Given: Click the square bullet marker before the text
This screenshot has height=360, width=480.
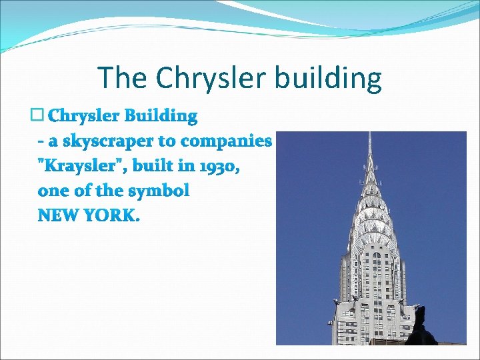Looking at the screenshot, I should point(37,115).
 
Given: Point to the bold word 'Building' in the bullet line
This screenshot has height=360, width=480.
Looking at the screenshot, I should point(164,116).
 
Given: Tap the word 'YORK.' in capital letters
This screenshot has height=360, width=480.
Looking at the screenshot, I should point(113,216).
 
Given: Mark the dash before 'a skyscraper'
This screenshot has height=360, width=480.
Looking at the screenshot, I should point(42,141).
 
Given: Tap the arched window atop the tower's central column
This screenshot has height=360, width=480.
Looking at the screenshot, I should point(377,255).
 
